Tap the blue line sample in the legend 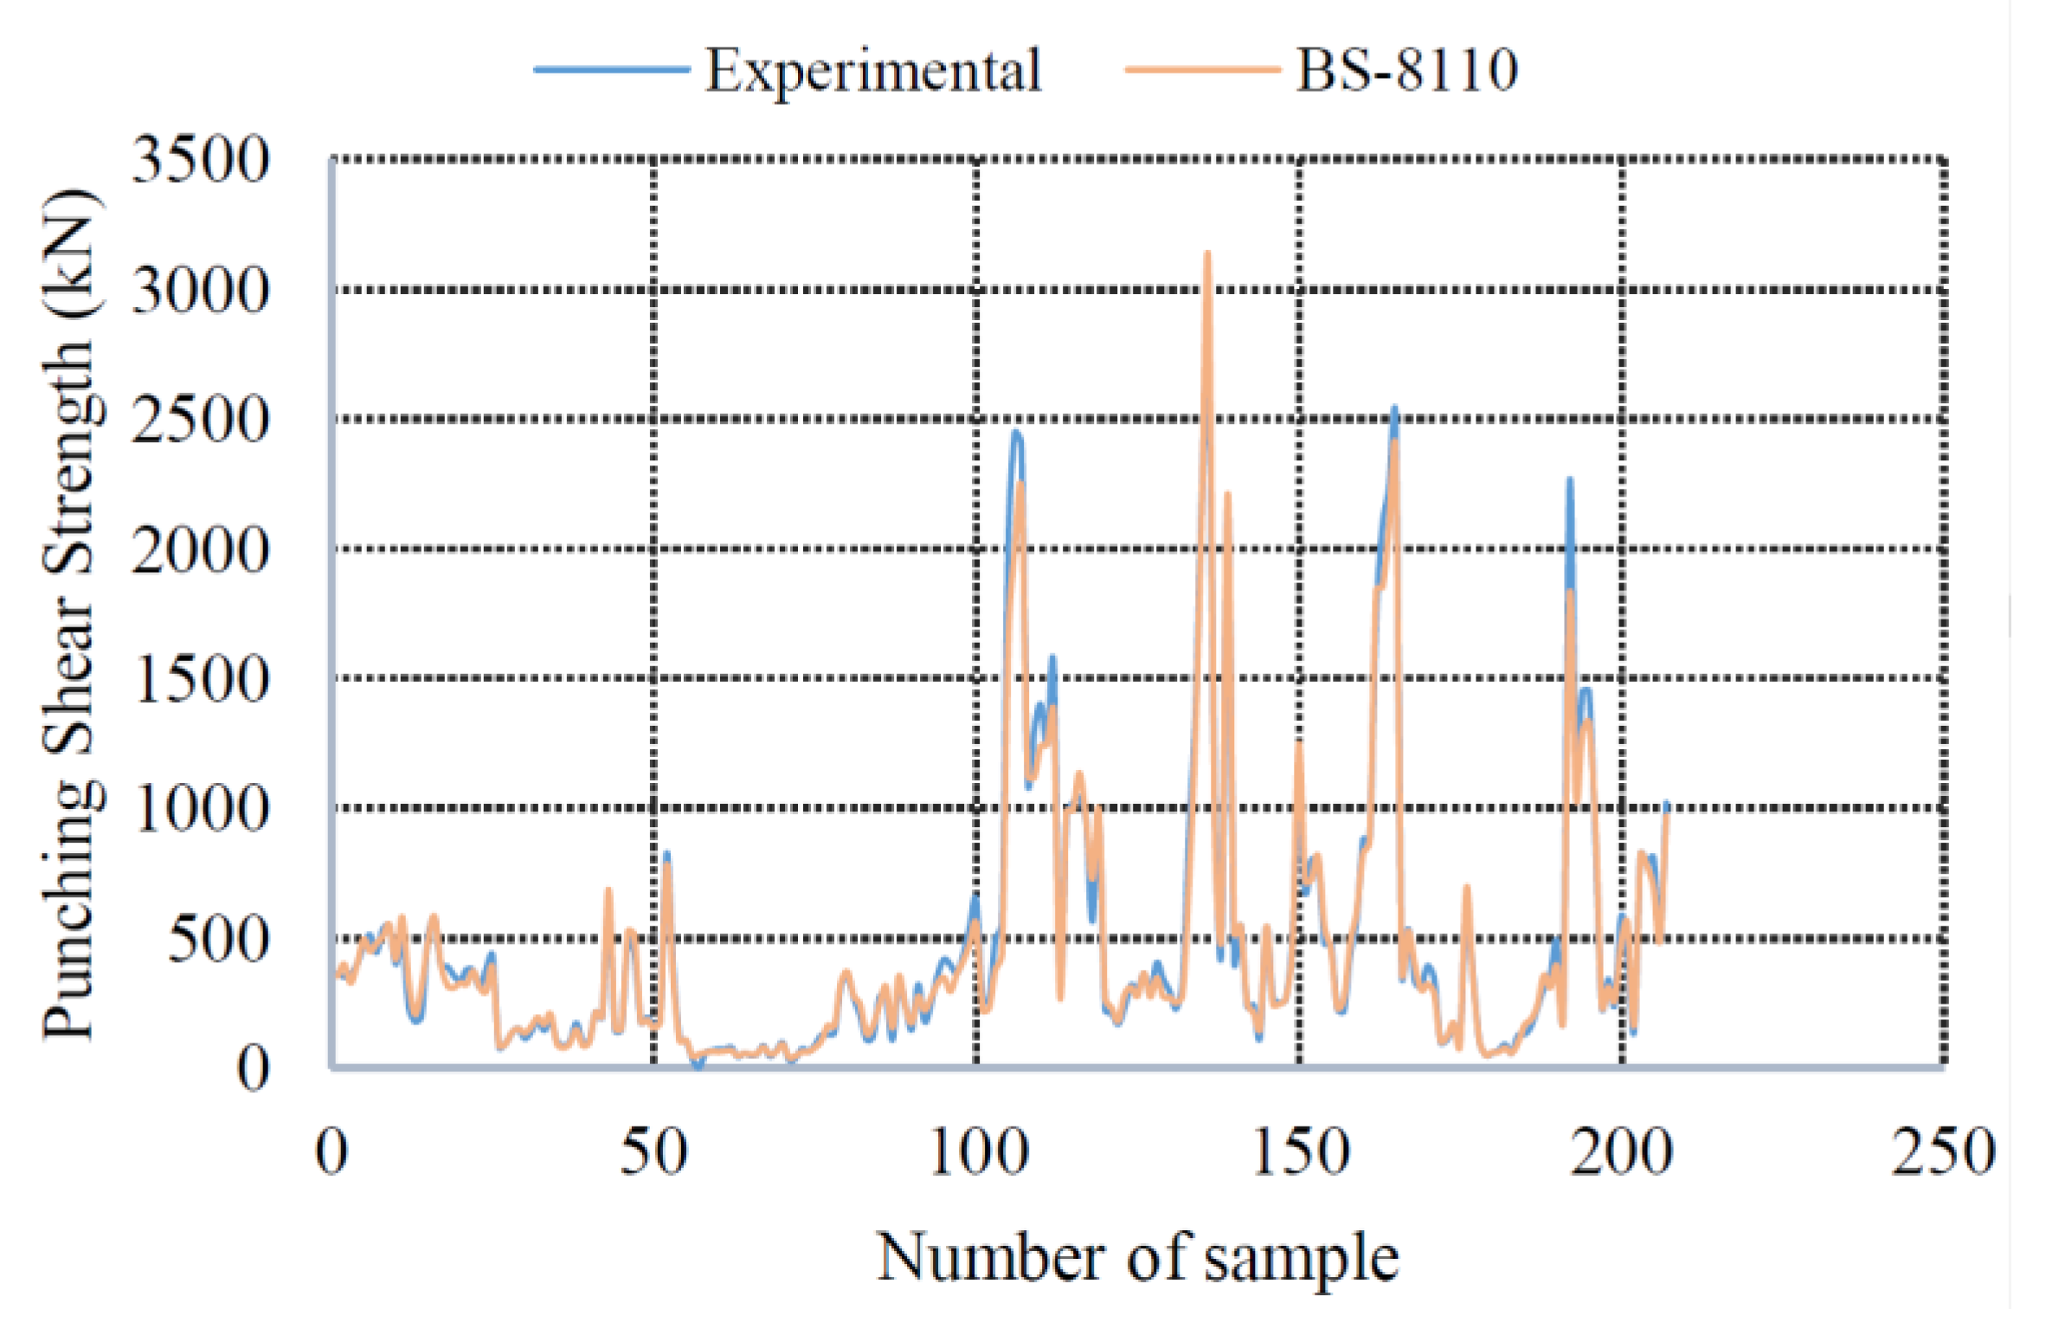click(611, 69)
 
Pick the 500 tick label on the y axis click(218, 939)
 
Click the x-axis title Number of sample click(1137, 1258)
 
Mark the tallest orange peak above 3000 click(1207, 253)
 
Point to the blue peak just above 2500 click(1394, 408)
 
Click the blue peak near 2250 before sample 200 click(1569, 479)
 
